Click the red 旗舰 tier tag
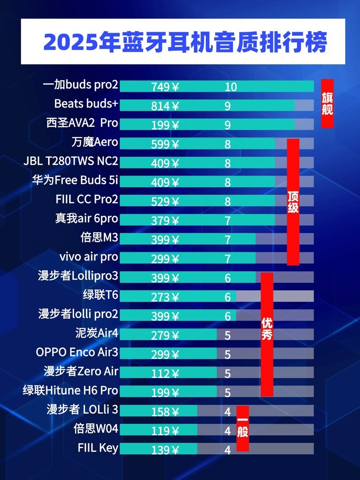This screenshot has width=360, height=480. pyautogui.click(x=327, y=104)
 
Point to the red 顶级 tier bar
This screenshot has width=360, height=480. pyautogui.click(x=293, y=202)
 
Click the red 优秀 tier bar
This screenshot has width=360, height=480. pyautogui.click(x=267, y=335)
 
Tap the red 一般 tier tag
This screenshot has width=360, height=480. pyautogui.click(x=243, y=428)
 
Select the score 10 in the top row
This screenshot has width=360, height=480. pyautogui.click(x=230, y=87)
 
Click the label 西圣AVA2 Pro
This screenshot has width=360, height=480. pyautogui.click(x=82, y=123)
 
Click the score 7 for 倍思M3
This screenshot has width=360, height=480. pyautogui.click(x=228, y=240)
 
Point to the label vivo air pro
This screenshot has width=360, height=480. pyautogui.click(x=89, y=257)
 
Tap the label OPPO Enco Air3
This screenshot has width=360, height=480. pyautogui.click(x=77, y=352)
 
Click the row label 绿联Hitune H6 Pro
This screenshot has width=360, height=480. pyautogui.click(x=71, y=390)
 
